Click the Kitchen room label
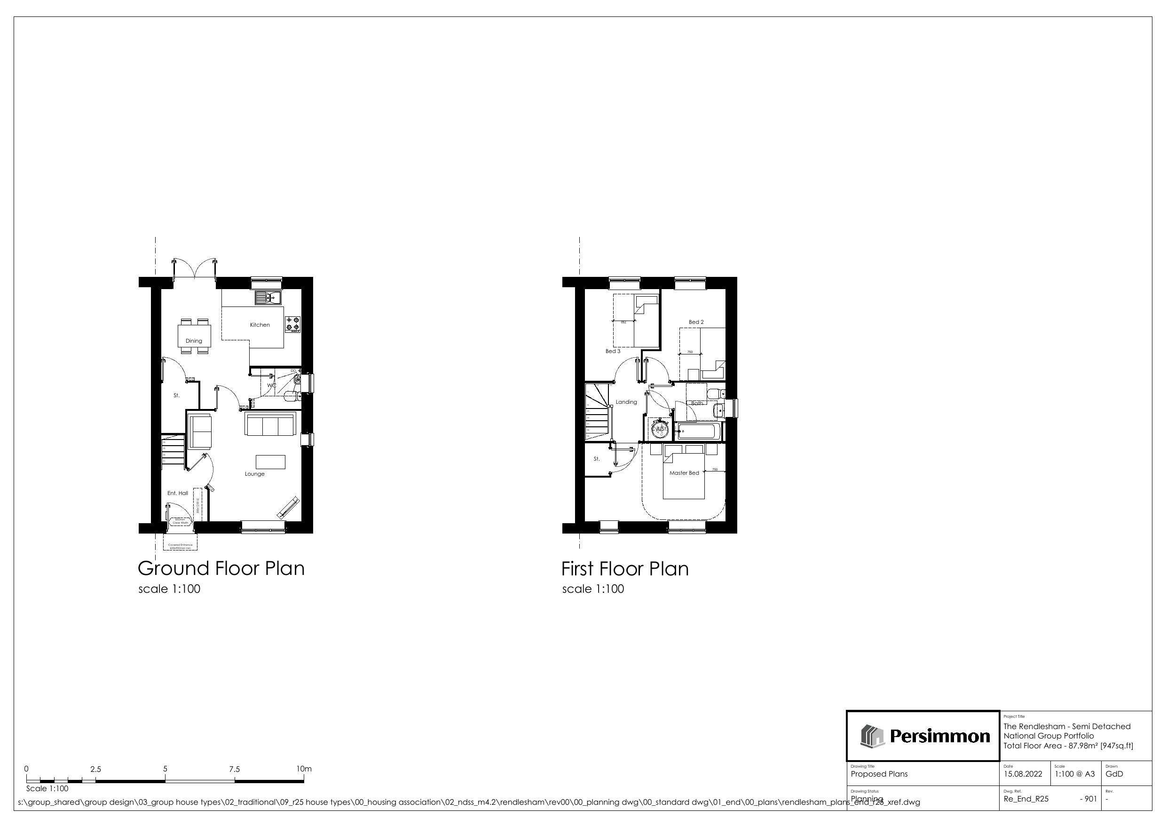click(260, 325)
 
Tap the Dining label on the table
click(194, 341)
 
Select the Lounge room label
click(255, 474)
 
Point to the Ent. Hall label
click(177, 493)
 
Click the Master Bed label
click(684, 473)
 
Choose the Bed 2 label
click(696, 322)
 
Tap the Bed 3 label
click(613, 351)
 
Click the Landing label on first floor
click(626, 402)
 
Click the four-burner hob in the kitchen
click(293, 323)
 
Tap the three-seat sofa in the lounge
click(269, 424)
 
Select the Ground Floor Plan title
click(221, 568)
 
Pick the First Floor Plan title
click(625, 569)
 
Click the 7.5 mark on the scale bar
click(234, 769)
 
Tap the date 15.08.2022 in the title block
click(1023, 774)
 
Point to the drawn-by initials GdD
click(1114, 774)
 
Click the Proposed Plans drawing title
click(879, 774)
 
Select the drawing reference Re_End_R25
click(1025, 799)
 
